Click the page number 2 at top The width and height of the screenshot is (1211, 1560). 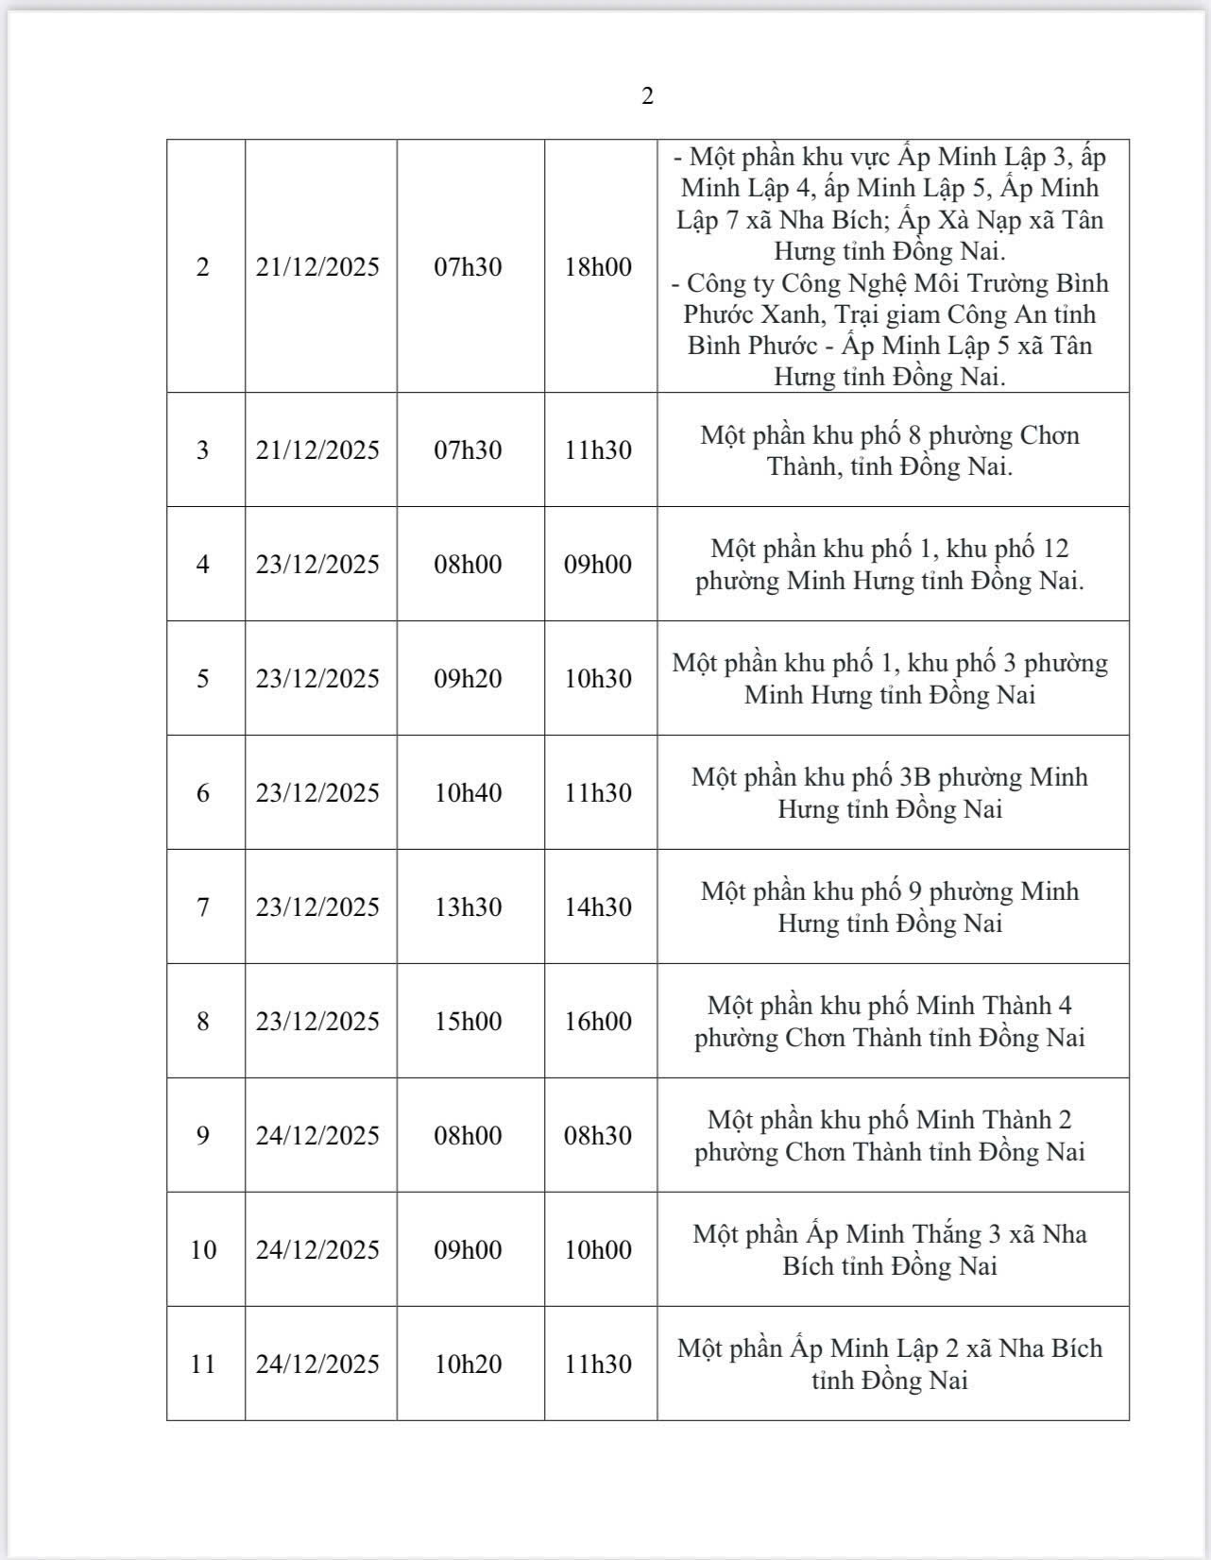tap(647, 95)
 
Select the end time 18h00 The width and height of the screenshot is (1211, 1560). tap(598, 266)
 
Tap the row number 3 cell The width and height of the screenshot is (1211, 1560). tap(203, 449)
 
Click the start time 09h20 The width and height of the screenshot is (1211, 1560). tap(468, 678)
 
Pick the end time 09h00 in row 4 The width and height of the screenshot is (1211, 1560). tap(598, 564)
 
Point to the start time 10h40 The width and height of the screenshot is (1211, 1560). tap(468, 792)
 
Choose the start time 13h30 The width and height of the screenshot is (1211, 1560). tap(468, 907)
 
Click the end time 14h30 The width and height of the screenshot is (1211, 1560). tap(598, 907)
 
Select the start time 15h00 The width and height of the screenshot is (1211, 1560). tap(468, 1021)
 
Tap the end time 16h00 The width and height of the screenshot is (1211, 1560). tap(598, 1021)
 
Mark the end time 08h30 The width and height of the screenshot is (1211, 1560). tap(598, 1135)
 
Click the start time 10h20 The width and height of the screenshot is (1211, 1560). tap(468, 1364)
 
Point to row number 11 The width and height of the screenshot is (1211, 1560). tap(203, 1364)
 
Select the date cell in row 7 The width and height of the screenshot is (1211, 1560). tap(317, 907)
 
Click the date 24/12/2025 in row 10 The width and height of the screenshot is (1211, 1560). tap(317, 1249)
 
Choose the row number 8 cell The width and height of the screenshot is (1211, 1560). tap(203, 1021)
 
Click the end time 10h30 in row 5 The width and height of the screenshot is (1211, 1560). tap(598, 678)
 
